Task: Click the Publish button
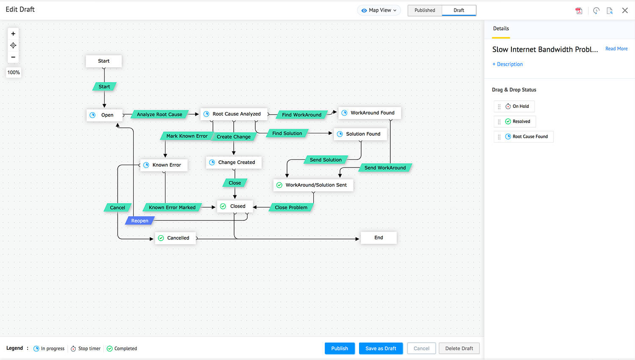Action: click(x=340, y=348)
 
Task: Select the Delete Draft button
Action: click(x=459, y=348)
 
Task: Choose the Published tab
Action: click(x=425, y=10)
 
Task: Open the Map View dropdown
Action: click(x=379, y=10)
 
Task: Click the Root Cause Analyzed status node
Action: click(x=234, y=114)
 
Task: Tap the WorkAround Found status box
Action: click(x=369, y=113)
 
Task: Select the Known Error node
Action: click(x=163, y=165)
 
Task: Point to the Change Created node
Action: click(x=234, y=162)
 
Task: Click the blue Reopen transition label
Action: click(x=140, y=221)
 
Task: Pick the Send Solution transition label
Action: click(x=326, y=160)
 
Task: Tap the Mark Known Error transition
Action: click(x=187, y=136)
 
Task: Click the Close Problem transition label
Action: click(x=291, y=207)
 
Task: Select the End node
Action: click(x=378, y=238)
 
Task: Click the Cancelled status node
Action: click(x=175, y=238)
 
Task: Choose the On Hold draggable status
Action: click(x=517, y=106)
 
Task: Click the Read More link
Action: click(x=616, y=49)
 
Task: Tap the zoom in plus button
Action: click(x=13, y=34)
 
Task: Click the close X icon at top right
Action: click(x=625, y=11)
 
